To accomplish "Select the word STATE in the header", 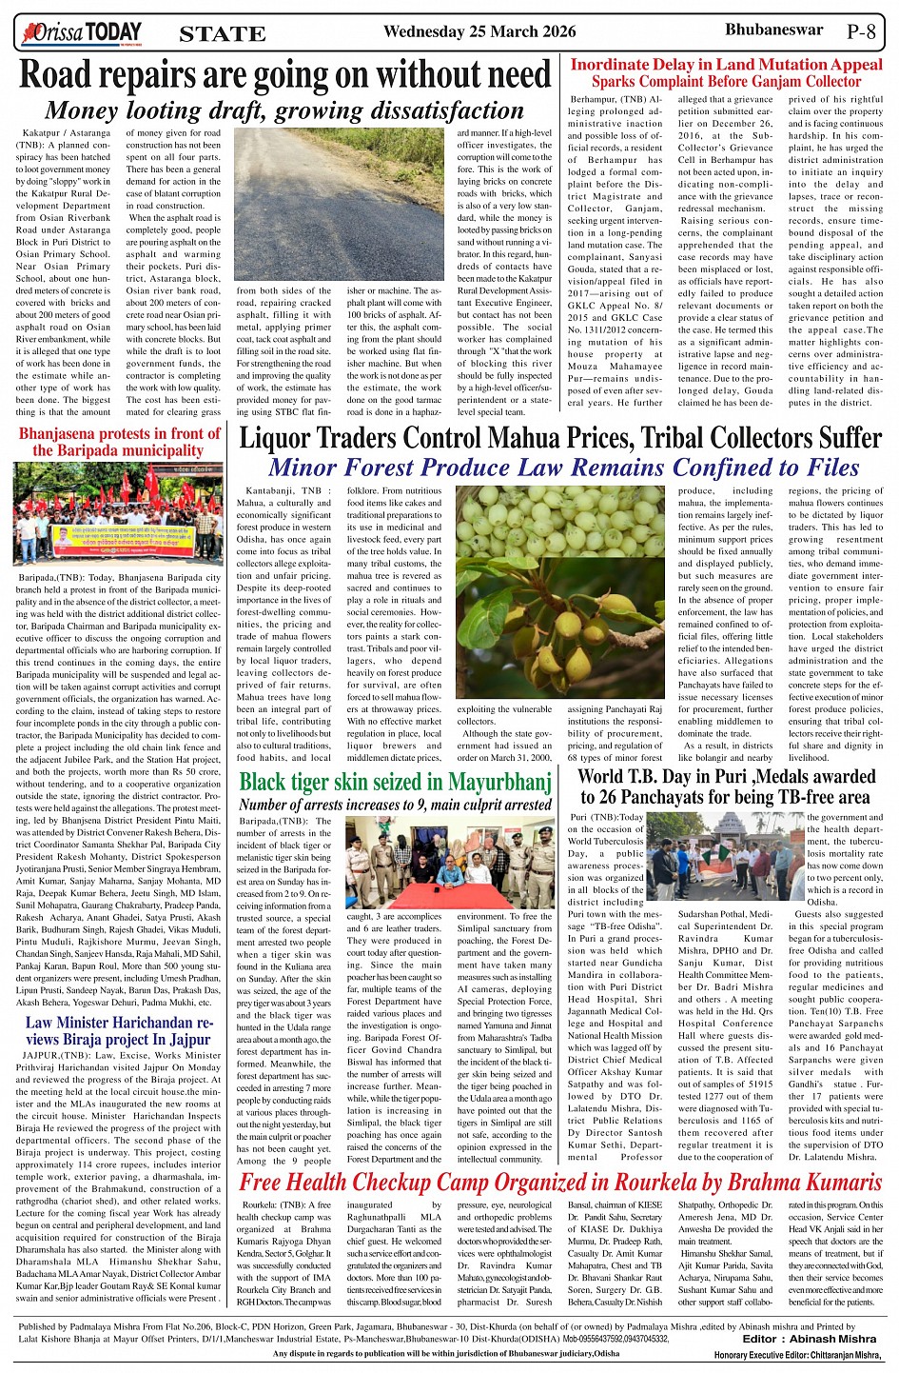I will [222, 34].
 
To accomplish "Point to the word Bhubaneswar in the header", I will [773, 30].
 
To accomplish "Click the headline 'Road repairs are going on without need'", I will [285, 75].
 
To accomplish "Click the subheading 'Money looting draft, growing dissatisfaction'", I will [284, 110].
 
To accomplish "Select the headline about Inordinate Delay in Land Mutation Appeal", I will [726, 73].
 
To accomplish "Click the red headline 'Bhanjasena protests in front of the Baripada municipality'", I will [120, 442].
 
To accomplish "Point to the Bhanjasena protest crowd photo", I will [119, 514].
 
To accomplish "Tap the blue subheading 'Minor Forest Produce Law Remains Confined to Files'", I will [563, 468].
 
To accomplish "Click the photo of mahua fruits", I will [558, 592].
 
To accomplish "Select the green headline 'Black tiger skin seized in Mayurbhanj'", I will [395, 783].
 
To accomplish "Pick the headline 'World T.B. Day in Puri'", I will [726, 786].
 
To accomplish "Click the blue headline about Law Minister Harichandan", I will [118, 1031].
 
